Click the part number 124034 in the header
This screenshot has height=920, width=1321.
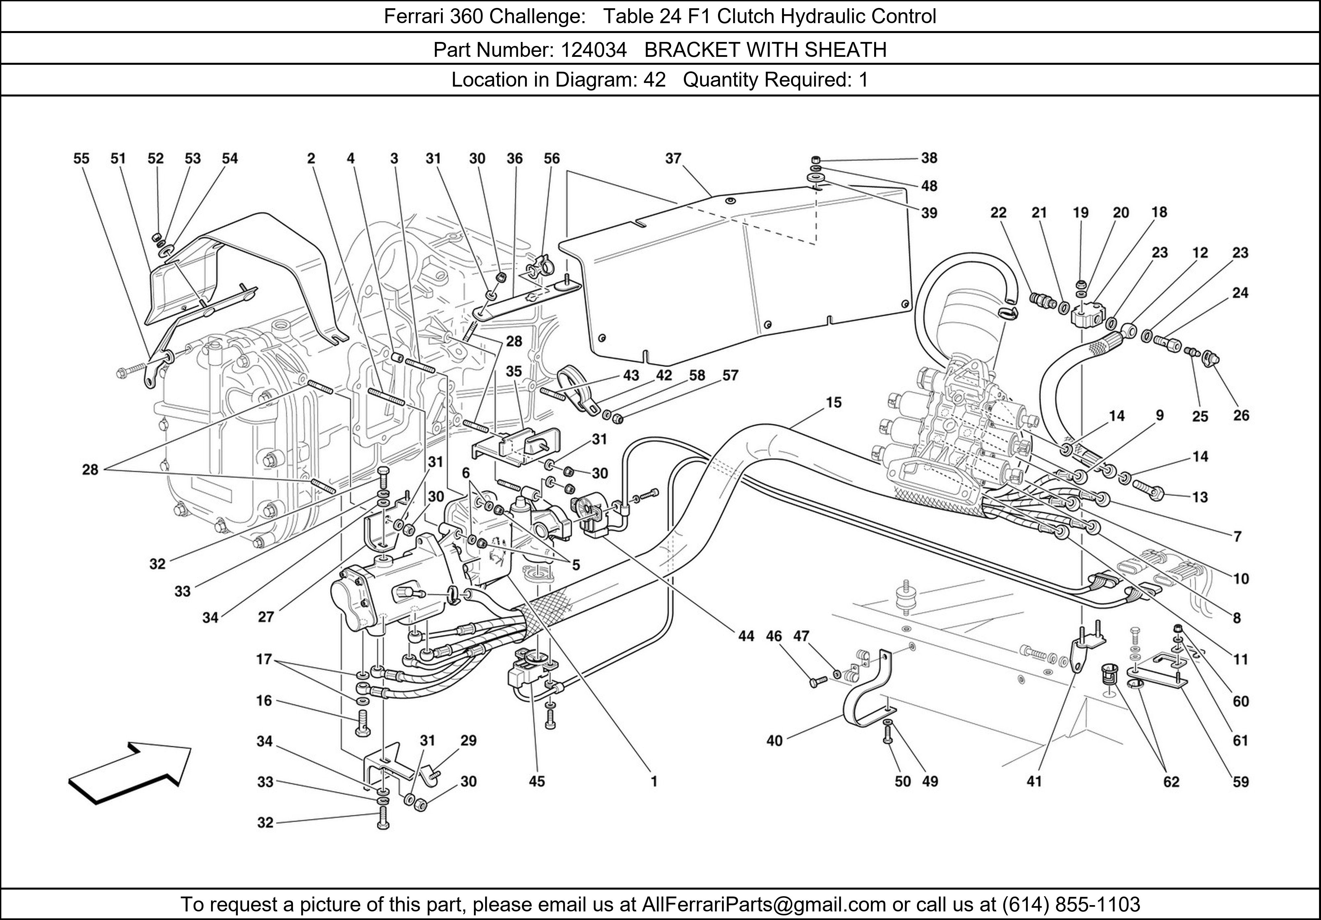pos(593,50)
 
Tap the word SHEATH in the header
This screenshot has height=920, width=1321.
pos(845,50)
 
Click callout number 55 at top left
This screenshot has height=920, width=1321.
pos(81,158)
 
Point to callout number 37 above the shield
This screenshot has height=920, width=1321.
pos(673,158)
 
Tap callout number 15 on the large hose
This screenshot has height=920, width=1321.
pos(834,402)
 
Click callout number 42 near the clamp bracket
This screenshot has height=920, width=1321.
pos(664,375)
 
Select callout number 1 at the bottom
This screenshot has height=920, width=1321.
pos(654,781)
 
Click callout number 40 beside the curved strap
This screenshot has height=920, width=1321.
pos(774,740)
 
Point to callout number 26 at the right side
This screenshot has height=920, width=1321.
pos(1241,415)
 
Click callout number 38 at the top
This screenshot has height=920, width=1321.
pos(929,158)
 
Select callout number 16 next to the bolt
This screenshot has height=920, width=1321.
pos(264,701)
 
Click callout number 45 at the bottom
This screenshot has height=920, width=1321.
pos(537,781)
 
